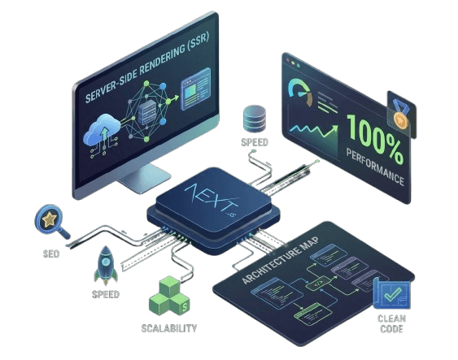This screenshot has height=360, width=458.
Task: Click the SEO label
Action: point(51,254)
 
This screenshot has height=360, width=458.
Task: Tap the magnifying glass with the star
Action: point(51,221)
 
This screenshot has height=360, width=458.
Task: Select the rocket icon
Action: point(106,265)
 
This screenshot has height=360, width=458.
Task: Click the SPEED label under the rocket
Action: point(106,294)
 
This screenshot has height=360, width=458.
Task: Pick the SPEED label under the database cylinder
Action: point(255,142)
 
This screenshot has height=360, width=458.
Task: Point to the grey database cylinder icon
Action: point(255,119)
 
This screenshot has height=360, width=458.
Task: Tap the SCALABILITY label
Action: point(169,328)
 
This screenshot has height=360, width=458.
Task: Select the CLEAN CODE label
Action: point(391,323)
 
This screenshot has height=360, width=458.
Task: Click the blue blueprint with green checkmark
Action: point(391,293)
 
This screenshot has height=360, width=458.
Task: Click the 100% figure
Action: point(375,138)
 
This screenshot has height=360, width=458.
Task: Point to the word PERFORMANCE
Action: point(375,167)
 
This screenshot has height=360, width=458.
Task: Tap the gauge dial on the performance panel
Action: point(300,92)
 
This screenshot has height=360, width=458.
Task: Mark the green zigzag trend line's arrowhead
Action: point(334,128)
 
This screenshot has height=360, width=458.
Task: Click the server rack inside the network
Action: point(147,112)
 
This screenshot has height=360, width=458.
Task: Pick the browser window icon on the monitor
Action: point(196,89)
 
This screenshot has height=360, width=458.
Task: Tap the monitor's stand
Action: point(143,177)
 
